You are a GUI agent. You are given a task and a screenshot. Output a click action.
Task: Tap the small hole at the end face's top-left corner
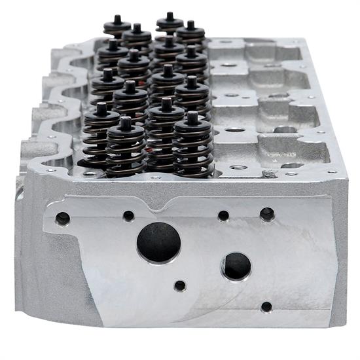click(63, 219)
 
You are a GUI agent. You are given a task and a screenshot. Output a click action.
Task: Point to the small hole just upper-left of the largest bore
click(128, 215)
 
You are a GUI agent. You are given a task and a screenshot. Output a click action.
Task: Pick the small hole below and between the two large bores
click(180, 285)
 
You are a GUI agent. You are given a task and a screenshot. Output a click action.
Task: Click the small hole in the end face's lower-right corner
click(266, 306)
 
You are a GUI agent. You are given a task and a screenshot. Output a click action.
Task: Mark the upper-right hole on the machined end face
click(267, 214)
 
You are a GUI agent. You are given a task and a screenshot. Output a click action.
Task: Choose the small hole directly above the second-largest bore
click(223, 215)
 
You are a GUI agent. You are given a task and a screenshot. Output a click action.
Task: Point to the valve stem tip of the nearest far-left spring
click(101, 105)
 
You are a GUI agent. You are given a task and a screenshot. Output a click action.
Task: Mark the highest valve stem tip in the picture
click(169, 15)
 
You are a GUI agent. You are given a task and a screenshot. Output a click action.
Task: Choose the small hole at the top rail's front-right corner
click(331, 171)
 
